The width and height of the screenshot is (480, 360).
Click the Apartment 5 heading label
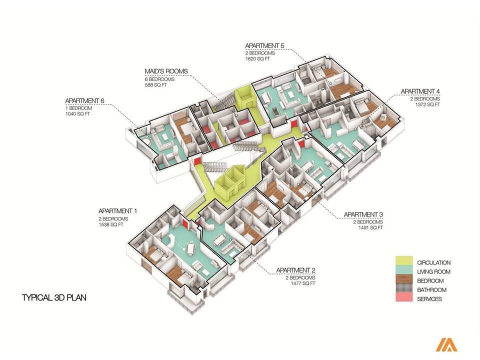264,45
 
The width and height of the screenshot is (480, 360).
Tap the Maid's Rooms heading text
166,71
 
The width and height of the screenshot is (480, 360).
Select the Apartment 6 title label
84,100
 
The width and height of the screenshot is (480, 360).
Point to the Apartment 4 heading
420,91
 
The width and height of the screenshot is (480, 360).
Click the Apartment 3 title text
363,214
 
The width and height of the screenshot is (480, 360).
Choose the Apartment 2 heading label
295,270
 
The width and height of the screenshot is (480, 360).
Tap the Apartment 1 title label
117,211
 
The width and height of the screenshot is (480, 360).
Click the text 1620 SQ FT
257,59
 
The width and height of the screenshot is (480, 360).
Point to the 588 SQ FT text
156,85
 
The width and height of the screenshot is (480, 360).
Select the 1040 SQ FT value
77,114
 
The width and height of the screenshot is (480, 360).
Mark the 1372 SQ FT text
427,104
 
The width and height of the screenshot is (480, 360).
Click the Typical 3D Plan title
54,297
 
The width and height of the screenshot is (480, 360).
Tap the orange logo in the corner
446,344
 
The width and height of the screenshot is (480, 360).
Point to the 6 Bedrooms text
160,79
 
